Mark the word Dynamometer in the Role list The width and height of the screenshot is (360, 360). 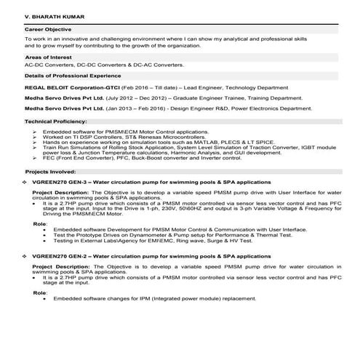(x=135, y=236)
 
